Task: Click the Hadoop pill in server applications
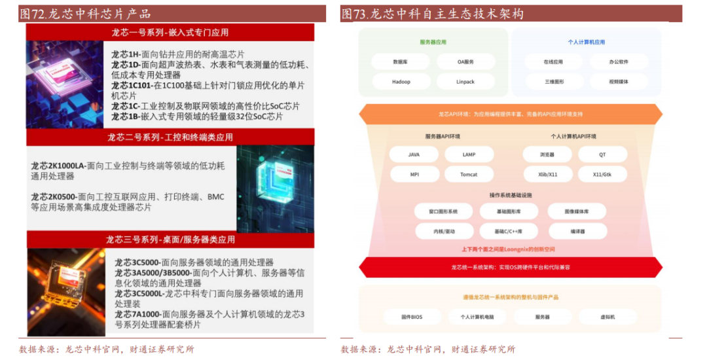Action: pos(401,82)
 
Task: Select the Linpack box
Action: pos(465,82)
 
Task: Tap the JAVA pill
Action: pos(414,155)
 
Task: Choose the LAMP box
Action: pos(469,155)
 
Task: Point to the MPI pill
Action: pos(414,175)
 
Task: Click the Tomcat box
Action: pos(469,175)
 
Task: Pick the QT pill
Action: pos(602,155)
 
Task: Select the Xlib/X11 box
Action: pos(548,175)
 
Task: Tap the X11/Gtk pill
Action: pos(602,175)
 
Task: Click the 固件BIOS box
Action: pos(412,317)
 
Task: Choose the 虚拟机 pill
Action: pos(607,317)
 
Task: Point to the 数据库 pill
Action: pos(401,62)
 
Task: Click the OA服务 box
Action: pos(465,62)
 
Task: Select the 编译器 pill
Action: pos(577,231)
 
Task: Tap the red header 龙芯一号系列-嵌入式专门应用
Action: pos(170,32)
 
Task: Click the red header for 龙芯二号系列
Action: pos(170,137)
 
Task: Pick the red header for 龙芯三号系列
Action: pos(170,240)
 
